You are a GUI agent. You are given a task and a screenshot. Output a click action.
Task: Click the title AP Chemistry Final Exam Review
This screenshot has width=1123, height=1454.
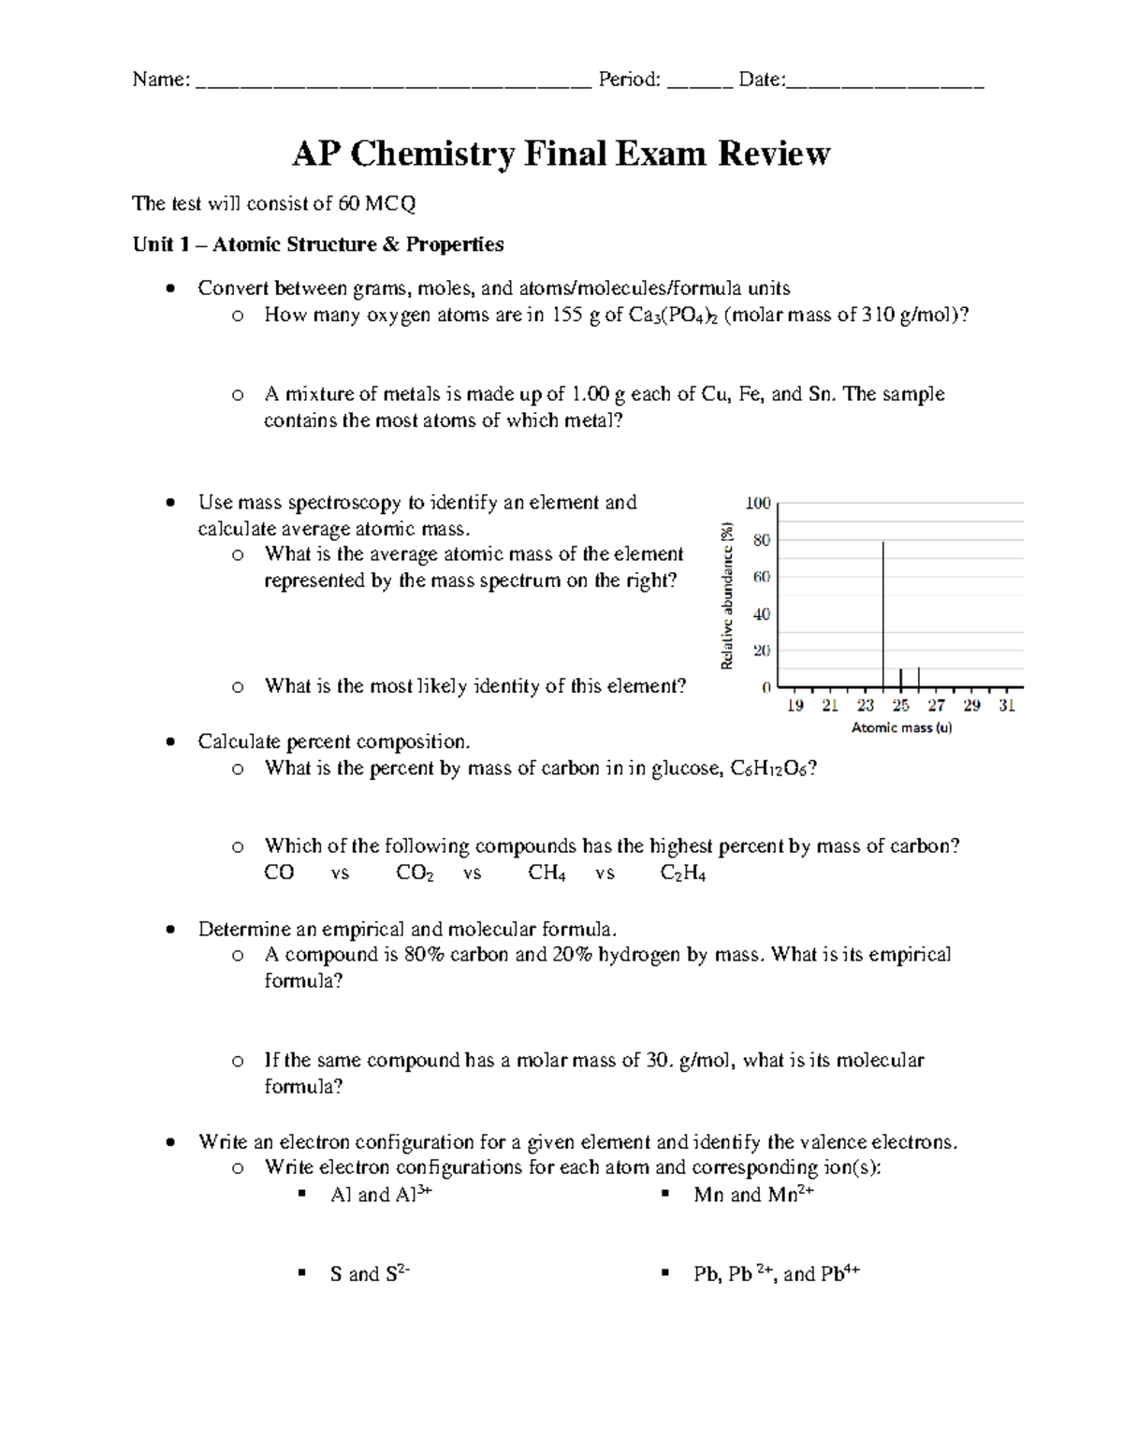(x=561, y=154)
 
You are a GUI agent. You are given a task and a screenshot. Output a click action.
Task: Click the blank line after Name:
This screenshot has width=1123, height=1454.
(x=393, y=82)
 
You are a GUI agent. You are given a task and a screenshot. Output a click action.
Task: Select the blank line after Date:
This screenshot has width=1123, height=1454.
(x=885, y=82)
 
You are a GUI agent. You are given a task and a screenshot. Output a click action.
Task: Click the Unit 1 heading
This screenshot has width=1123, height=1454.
(x=318, y=244)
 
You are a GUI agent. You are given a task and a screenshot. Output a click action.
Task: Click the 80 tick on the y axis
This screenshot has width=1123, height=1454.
(x=761, y=540)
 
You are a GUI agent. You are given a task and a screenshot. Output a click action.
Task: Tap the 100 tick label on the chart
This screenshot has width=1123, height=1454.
(x=758, y=504)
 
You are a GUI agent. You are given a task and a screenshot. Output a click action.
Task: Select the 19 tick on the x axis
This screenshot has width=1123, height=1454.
(x=795, y=706)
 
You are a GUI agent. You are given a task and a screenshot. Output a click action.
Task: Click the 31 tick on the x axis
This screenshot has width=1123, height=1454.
(x=1007, y=706)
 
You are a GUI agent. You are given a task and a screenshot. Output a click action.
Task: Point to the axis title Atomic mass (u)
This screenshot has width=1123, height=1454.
(x=901, y=727)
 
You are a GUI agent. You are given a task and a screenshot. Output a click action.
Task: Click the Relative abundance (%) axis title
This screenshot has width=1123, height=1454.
(x=727, y=595)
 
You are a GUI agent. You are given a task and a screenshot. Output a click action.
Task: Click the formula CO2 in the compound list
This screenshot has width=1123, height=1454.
(x=415, y=874)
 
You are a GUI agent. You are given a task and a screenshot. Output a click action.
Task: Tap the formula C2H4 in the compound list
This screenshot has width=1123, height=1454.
(x=683, y=874)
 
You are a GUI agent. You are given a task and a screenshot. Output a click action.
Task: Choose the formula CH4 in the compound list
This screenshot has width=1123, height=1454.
(x=547, y=874)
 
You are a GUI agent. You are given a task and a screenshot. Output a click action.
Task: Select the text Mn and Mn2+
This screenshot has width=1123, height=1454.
(x=753, y=1195)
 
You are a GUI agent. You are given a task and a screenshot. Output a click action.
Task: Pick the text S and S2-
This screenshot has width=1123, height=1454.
(x=370, y=1273)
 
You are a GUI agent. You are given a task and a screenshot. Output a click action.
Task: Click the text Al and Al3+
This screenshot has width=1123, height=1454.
(x=381, y=1195)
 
